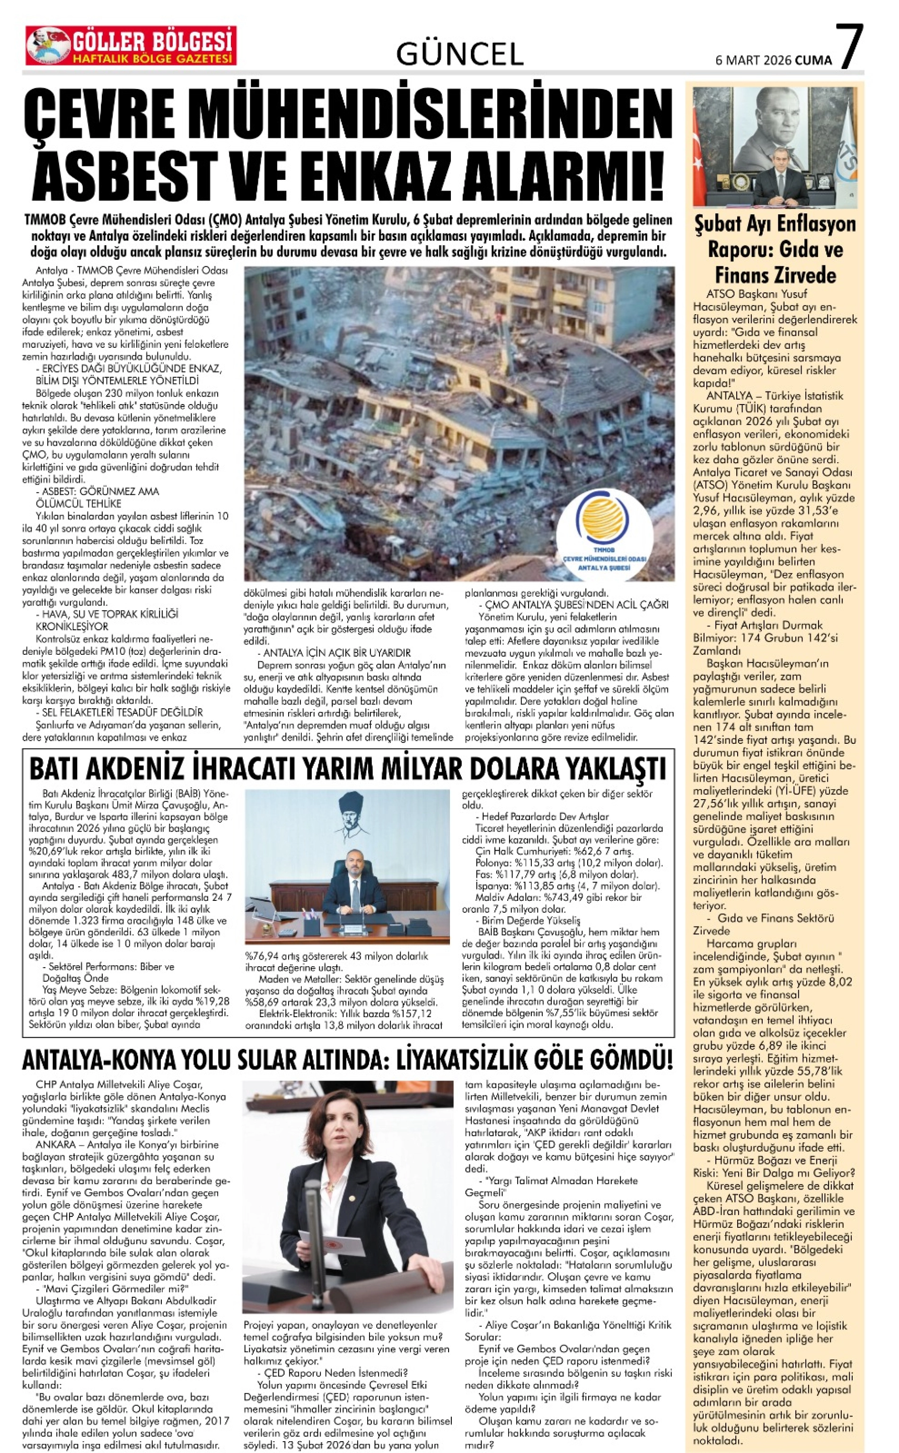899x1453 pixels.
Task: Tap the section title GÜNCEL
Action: [459, 55]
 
